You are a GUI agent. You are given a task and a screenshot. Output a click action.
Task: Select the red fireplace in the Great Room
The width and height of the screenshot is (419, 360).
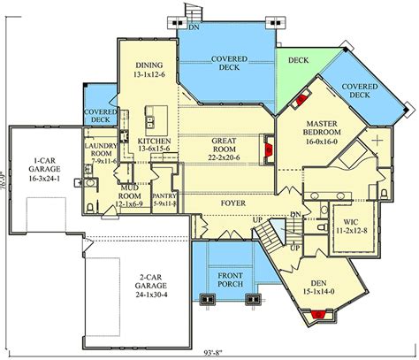click(266, 149)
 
